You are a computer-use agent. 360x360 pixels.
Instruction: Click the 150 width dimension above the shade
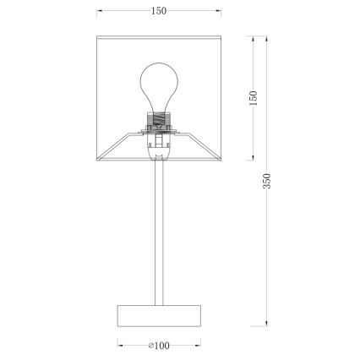159,11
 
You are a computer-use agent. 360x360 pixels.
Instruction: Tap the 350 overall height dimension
268,181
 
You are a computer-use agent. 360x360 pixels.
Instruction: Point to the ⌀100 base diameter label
158,345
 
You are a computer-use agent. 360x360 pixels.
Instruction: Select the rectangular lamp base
158,316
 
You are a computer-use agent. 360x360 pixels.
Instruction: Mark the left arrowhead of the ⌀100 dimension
117,345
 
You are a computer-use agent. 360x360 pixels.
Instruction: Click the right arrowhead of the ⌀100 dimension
199,345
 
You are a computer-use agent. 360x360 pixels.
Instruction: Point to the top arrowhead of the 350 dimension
268,38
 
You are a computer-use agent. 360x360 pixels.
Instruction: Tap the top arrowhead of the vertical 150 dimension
254,38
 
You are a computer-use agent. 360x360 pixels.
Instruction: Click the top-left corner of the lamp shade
99,37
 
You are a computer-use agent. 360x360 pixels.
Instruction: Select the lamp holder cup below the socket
158,150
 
